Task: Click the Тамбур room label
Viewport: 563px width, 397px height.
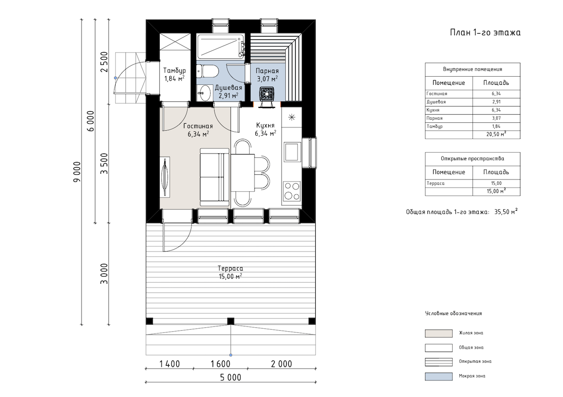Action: [x=174, y=71]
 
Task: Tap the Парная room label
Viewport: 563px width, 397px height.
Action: [x=267, y=71]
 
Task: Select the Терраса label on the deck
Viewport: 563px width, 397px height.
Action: [x=230, y=269]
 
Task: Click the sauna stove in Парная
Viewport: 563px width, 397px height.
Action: [x=267, y=94]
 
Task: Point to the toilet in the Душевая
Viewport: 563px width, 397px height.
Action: [x=208, y=71]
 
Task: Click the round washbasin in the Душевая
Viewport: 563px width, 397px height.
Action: [x=205, y=93]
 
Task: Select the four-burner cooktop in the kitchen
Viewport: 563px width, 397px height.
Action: [x=291, y=191]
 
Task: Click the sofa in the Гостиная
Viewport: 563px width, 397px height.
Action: [x=214, y=177]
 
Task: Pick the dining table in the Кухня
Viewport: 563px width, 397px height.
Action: [x=243, y=172]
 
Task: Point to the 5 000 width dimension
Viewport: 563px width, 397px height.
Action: [x=230, y=377]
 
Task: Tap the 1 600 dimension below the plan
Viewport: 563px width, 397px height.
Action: [x=220, y=364]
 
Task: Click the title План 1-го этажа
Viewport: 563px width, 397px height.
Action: [x=485, y=32]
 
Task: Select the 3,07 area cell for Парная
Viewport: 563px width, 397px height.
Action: [x=496, y=118]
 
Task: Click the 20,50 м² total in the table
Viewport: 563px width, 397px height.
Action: [x=497, y=134]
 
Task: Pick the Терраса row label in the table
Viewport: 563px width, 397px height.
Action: [x=436, y=183]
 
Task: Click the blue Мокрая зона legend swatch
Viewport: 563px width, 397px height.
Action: [x=438, y=377]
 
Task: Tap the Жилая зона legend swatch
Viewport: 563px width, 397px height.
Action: [x=438, y=334]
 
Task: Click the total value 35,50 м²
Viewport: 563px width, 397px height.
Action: [x=506, y=212]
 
